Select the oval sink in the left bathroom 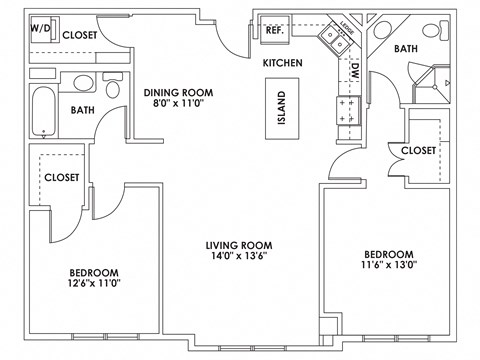[x=82, y=83]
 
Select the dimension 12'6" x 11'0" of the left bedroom [x=94, y=285]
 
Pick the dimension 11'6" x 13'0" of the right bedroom [x=387, y=265]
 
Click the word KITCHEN [x=283, y=63]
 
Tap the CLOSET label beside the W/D [x=80, y=34]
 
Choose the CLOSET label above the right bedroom [x=418, y=150]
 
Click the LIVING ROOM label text [x=239, y=244]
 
